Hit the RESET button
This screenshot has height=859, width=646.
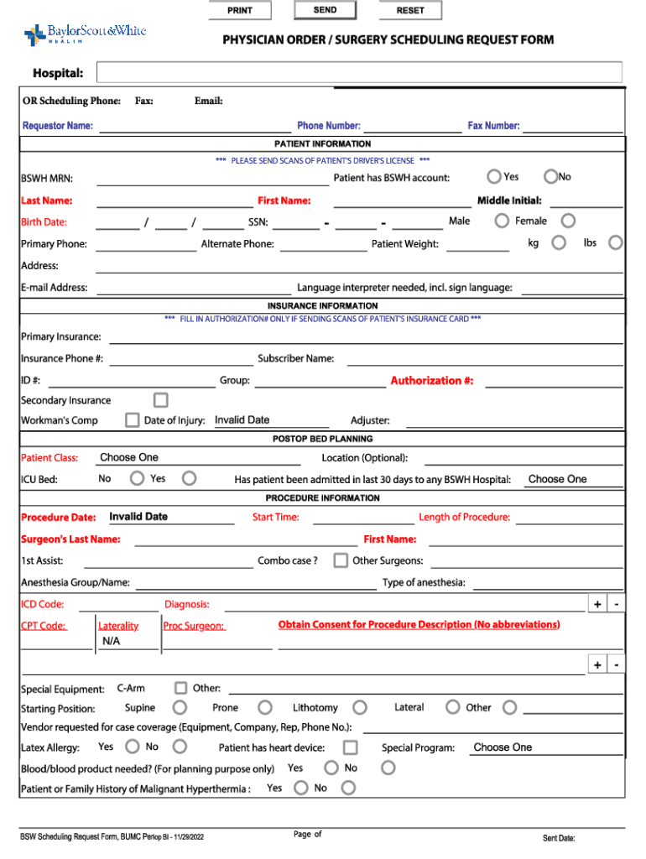tap(410, 11)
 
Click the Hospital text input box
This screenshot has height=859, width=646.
tap(359, 73)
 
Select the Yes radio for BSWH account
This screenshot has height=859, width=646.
tap(495, 176)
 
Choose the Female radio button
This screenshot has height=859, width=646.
tap(568, 221)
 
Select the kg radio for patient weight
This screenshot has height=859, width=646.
tap(559, 242)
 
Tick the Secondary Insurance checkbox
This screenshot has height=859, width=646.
tap(160, 400)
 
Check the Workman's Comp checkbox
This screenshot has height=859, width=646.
tap(132, 420)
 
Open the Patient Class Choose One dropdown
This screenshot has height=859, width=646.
tap(198, 458)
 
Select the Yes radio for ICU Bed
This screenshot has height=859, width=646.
tap(190, 478)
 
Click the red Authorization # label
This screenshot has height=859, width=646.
tap(431, 381)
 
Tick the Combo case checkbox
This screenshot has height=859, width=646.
tap(341, 560)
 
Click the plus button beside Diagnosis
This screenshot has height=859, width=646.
tap(597, 605)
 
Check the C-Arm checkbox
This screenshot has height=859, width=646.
tap(180, 688)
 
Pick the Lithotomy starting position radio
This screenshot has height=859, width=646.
tap(360, 708)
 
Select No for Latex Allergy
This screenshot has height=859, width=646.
tap(180, 746)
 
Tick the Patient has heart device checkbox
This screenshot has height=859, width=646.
tap(350, 747)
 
